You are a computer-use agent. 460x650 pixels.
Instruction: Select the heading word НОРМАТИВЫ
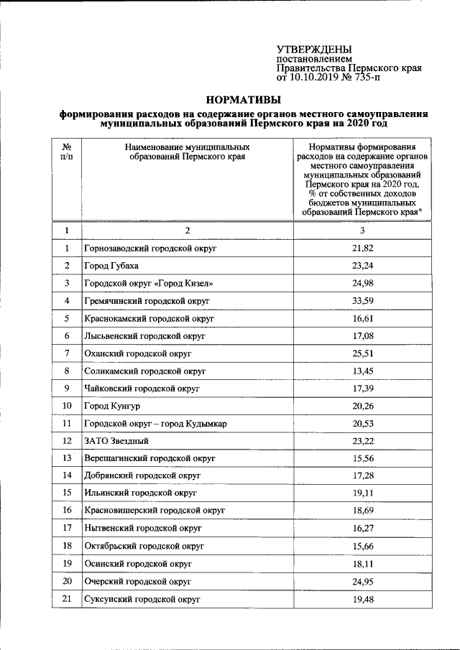tap(244, 100)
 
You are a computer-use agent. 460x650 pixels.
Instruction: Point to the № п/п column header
tap(66, 151)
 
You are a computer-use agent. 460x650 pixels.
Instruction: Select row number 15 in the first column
tap(67, 493)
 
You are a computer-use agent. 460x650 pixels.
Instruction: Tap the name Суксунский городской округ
tap(142, 598)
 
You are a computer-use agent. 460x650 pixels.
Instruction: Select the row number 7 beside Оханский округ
tap(67, 353)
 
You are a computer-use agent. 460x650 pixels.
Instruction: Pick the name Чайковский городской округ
tap(142, 389)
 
